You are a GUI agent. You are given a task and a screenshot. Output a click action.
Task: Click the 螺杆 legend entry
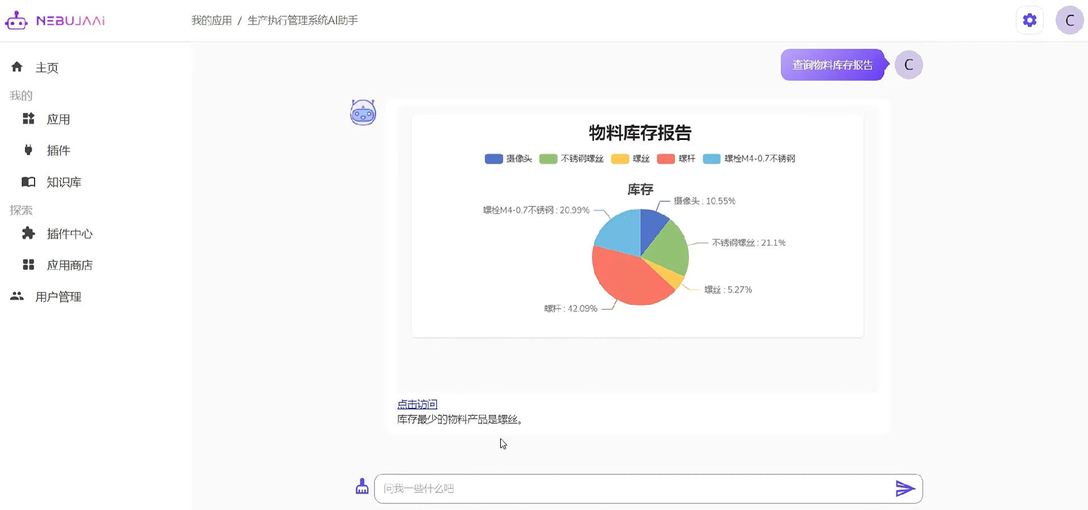676,159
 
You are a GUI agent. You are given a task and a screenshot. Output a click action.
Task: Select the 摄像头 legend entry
508,159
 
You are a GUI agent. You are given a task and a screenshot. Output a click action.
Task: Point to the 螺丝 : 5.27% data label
728,290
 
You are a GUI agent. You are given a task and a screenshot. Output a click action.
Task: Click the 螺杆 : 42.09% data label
570,308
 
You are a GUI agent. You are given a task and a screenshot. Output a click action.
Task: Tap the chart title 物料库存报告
640,133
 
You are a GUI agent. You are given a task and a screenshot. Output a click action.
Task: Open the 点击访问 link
417,404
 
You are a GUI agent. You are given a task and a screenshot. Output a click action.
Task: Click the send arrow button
904,488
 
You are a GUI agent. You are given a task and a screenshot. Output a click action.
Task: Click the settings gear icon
1030,20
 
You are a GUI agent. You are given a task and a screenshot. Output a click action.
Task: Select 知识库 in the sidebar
63,182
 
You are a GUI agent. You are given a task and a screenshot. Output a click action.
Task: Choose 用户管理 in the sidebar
58,296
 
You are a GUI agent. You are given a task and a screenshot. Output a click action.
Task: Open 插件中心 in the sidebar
69,233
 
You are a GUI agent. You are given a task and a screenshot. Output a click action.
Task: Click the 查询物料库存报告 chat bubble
832,65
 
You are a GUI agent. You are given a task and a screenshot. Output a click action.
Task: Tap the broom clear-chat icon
362,487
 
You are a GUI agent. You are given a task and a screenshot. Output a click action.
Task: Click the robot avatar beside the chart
363,112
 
